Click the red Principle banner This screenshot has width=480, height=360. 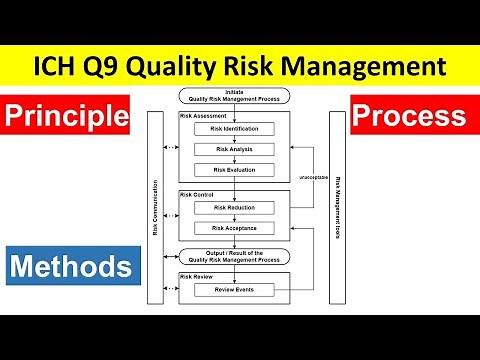[x=69, y=117]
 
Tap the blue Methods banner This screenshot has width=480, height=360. [x=69, y=266]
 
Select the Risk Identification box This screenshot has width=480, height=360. [x=235, y=129]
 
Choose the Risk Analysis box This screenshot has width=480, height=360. [x=235, y=149]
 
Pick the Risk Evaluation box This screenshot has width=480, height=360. [x=235, y=169]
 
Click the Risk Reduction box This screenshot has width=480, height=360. [x=235, y=207]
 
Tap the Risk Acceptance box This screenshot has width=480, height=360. [x=235, y=227]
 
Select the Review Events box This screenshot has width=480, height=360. [x=235, y=290]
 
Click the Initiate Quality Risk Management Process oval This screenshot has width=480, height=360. [x=235, y=96]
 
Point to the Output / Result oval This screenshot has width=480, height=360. [x=235, y=257]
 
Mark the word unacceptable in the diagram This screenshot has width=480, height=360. [x=313, y=177]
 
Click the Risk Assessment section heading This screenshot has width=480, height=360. [x=201, y=116]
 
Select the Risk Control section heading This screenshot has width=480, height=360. [x=197, y=194]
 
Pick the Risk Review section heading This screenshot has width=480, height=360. [x=196, y=276]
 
